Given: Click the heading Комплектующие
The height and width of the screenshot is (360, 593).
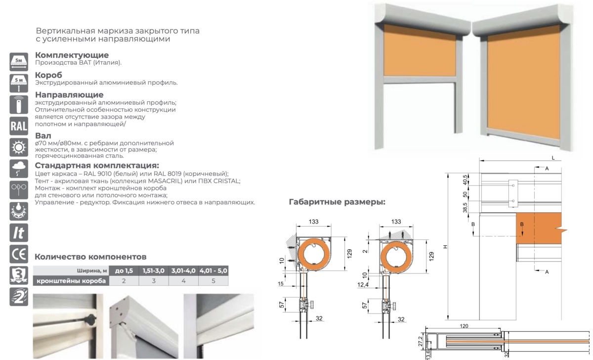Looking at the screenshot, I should coord(72,55).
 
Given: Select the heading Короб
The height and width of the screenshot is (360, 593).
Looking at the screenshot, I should coord(49,75).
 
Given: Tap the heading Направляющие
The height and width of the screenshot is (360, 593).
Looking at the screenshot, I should coord(69,94).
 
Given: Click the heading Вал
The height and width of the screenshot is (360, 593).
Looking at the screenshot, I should coord(43,135).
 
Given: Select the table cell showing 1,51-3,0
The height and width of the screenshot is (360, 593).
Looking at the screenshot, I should coord(154,270).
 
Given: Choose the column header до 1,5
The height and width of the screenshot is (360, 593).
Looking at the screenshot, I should coord(124,270).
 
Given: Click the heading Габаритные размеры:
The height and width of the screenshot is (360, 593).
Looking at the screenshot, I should coord(337,202).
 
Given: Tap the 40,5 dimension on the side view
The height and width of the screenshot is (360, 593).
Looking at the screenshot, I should coord(466,179).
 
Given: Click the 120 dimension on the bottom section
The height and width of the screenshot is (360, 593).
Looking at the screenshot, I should coord(464,327).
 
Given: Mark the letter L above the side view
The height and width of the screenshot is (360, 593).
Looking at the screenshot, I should coord(553,157).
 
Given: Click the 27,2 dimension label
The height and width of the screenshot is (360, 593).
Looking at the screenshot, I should coord(419,341).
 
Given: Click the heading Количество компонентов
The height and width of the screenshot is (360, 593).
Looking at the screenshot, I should coord(90,257).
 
